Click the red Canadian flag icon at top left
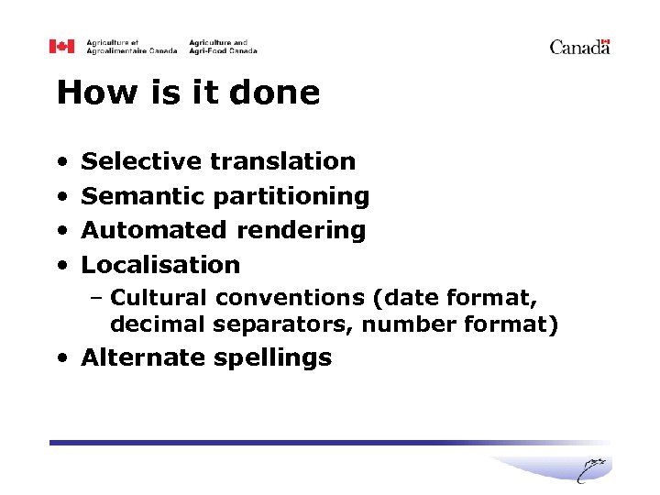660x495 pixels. coord(61,47)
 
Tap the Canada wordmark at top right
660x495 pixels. coord(579,47)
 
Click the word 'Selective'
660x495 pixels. coord(141,161)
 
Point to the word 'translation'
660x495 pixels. coord(282,161)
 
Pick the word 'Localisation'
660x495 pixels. coord(160,265)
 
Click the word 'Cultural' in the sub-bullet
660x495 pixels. coord(159,298)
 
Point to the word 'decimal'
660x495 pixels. coord(157,324)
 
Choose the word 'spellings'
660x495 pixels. coord(271,358)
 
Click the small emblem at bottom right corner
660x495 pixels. coord(592,468)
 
